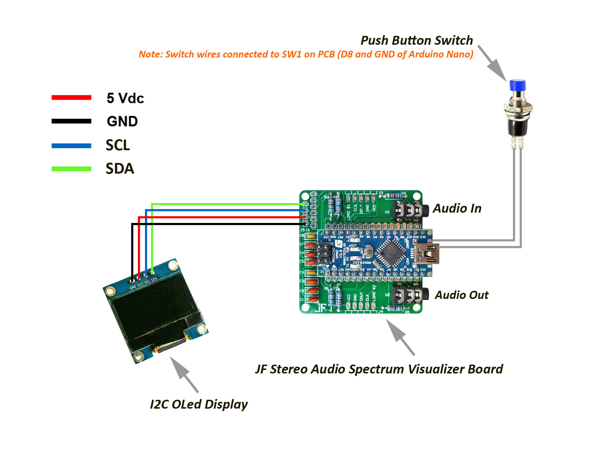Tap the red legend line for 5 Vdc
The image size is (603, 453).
pos(71,98)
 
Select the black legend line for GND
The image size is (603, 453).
pos(71,121)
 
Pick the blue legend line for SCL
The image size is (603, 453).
pos(71,146)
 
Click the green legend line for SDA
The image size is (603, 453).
pos(71,169)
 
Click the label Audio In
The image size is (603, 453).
pos(457,208)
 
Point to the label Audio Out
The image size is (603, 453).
pos(462,295)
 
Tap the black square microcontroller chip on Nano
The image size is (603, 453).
pos(391,253)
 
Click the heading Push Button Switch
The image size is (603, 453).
pos(417,40)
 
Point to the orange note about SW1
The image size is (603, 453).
pos(306,54)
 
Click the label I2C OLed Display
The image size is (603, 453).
pos(199,404)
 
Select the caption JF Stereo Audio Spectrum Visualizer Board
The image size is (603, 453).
pos(379,369)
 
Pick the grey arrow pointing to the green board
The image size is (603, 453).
pos(400,337)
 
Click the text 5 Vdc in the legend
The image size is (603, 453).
pos(125,98)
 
